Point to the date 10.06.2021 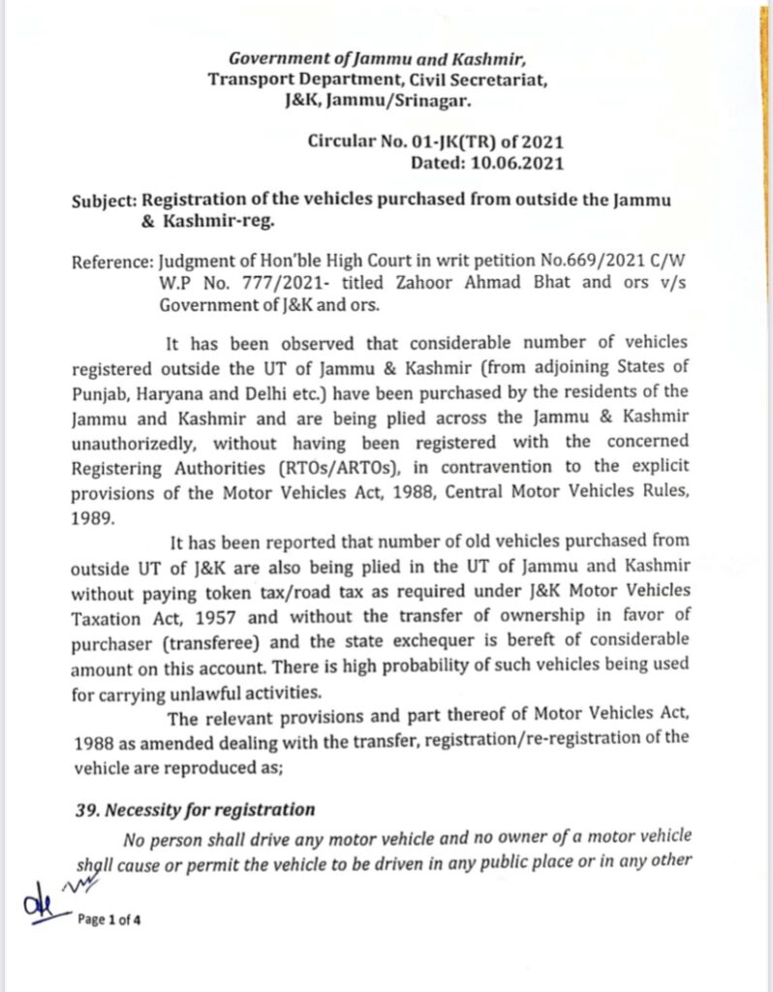[x=516, y=163]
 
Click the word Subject [x=105, y=201]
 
